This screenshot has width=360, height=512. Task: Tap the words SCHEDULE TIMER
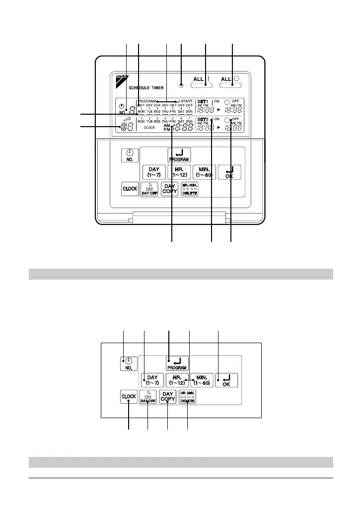pyautogui.click(x=136, y=87)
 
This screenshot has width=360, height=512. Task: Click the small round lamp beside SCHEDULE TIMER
pyautogui.click(x=181, y=81)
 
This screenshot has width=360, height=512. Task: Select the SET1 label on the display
pyautogui.click(x=204, y=101)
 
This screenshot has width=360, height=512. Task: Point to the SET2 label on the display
pyautogui.click(x=203, y=120)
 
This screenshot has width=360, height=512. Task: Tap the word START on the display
pyautogui.click(x=186, y=101)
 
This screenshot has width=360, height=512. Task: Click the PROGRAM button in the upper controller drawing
pyautogui.click(x=179, y=155)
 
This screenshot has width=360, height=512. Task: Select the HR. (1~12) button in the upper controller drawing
pyautogui.click(x=179, y=172)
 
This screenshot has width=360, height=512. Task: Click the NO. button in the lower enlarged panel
pyautogui.click(x=128, y=364)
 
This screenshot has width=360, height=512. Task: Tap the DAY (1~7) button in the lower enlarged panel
pyautogui.click(x=151, y=380)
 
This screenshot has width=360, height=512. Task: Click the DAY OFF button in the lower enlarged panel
pyautogui.click(x=148, y=398)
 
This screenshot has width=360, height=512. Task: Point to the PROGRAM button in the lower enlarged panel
pyautogui.click(x=177, y=364)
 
